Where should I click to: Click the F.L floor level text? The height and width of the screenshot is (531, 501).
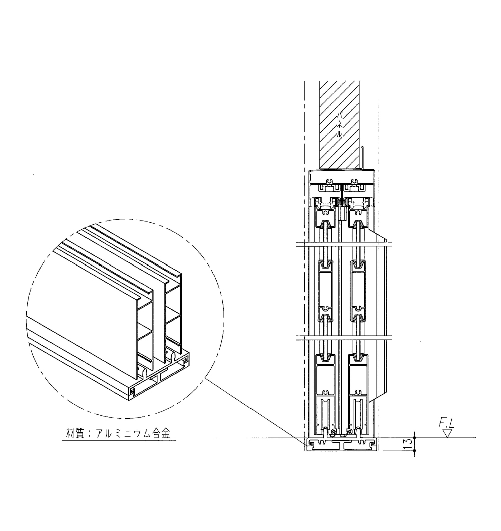click(447, 424)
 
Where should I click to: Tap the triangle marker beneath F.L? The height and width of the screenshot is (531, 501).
click(448, 434)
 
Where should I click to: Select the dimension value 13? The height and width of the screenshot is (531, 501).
click(408, 444)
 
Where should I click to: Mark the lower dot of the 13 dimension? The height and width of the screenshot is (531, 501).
click(415, 451)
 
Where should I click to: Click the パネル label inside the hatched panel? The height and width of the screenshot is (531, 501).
click(339, 124)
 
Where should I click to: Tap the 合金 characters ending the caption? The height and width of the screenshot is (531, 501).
click(161, 433)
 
